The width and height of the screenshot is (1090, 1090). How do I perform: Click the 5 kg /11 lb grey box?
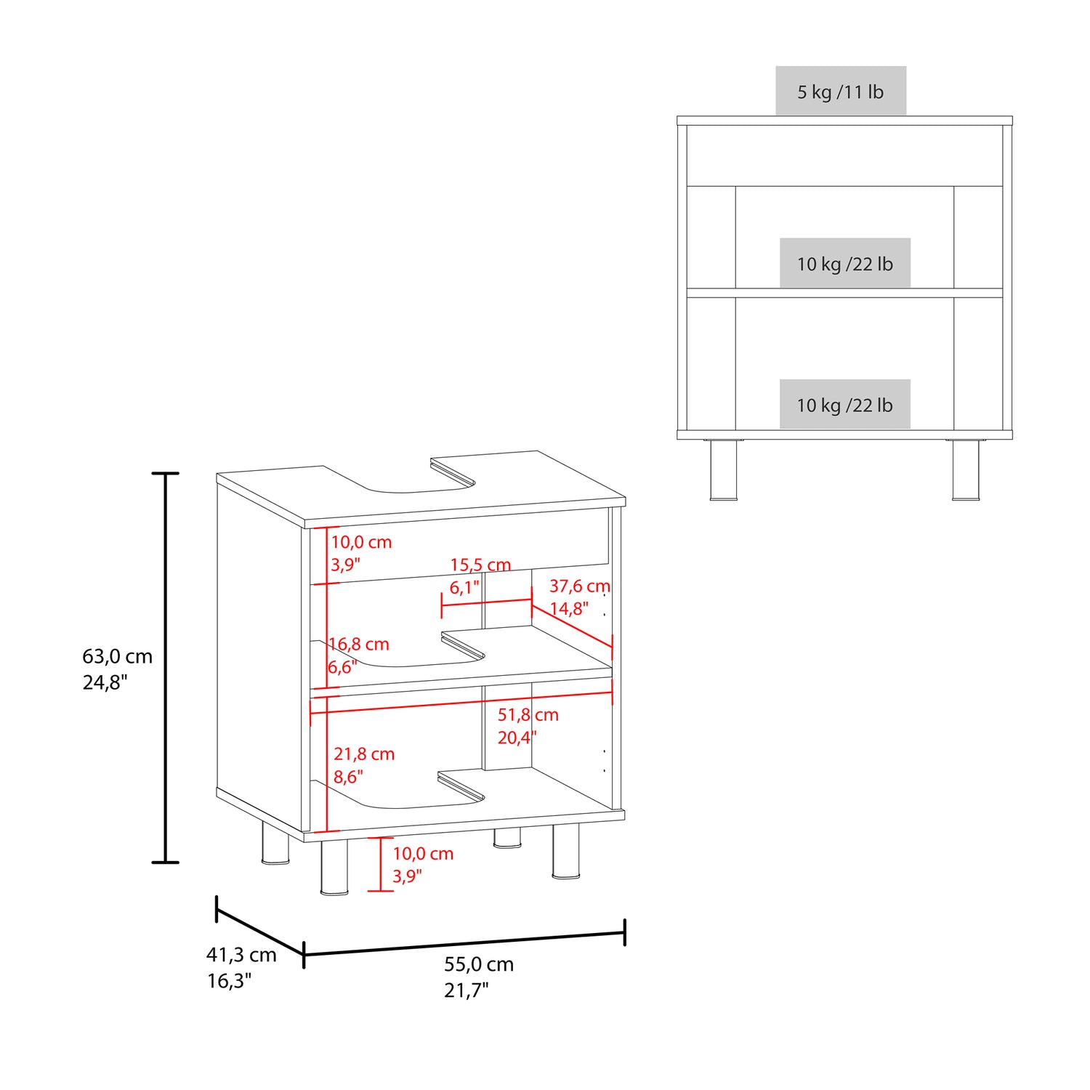tap(841, 91)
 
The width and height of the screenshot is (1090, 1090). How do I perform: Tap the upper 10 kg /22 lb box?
tap(845, 263)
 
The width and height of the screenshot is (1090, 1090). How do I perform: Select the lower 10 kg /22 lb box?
tap(845, 404)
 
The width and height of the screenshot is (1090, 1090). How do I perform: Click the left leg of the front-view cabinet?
tap(724, 469)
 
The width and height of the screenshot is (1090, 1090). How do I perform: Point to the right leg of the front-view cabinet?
tap(966, 469)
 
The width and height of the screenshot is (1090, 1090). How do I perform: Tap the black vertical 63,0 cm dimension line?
tap(166, 668)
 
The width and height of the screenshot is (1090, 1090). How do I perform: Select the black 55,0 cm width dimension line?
tap(464, 943)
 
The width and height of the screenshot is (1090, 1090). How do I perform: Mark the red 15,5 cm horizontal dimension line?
tap(487, 602)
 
